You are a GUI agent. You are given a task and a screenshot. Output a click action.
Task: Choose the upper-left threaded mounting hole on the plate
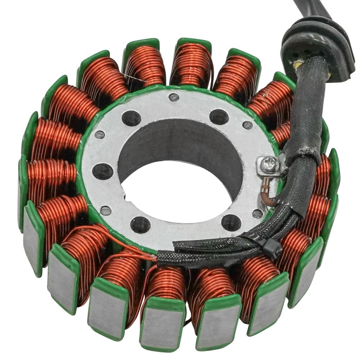tap(131, 118)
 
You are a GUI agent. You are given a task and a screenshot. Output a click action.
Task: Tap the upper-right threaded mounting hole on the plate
tap(219, 117)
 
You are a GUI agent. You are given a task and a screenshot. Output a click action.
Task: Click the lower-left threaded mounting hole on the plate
tap(140, 224)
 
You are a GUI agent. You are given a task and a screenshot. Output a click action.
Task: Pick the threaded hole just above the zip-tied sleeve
tap(230, 221)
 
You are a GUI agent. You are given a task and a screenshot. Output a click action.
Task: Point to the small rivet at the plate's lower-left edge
tap(105, 210)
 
